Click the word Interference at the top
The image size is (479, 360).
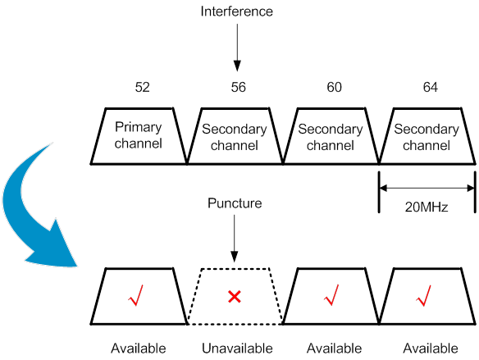(x=236, y=11)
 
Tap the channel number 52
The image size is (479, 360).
(x=143, y=87)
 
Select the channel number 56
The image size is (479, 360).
(x=239, y=87)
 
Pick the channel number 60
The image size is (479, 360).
(x=334, y=87)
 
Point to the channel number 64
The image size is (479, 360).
(x=430, y=87)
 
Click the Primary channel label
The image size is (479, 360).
(x=139, y=135)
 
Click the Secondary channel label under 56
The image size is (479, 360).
(x=235, y=137)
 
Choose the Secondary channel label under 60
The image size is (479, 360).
(x=331, y=137)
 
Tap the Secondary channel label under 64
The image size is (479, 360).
(x=427, y=137)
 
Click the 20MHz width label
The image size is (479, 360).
(x=427, y=207)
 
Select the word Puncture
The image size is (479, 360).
(x=235, y=203)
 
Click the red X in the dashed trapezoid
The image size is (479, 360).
(x=235, y=297)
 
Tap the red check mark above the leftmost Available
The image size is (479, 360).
(x=135, y=295)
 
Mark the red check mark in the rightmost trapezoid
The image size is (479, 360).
(x=423, y=295)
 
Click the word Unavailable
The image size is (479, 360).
(x=237, y=349)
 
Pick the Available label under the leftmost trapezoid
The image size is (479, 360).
(x=139, y=349)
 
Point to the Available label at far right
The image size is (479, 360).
(x=431, y=349)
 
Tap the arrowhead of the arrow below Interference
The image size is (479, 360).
(x=237, y=66)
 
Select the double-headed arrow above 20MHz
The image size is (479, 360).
(x=427, y=188)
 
